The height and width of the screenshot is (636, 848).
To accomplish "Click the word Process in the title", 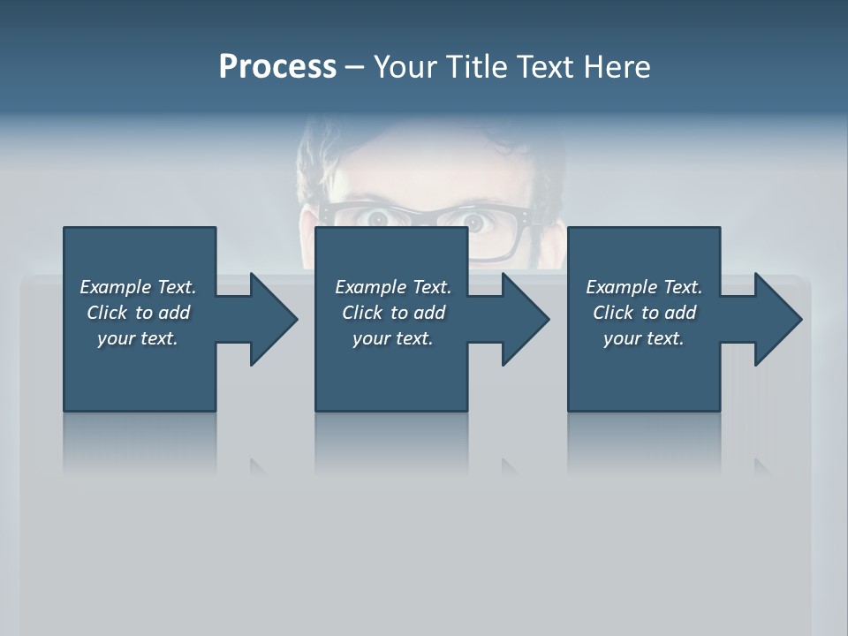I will point(277,67).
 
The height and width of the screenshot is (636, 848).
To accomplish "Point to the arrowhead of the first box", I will point(274,319).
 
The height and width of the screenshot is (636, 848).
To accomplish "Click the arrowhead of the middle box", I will point(526,319).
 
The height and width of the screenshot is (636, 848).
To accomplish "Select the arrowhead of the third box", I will point(778,319).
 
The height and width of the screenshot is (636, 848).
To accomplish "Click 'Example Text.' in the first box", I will point(138,287).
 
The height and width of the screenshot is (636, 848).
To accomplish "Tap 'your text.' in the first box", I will point(138,338).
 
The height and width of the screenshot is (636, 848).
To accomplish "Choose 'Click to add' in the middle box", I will point(393,313).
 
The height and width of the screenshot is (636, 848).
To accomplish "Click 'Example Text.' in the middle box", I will point(393,287).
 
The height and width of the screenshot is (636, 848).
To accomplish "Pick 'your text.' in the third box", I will point(644,338).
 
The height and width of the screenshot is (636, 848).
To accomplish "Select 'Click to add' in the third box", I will point(644,313).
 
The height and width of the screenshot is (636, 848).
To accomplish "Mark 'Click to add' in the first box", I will point(138,313).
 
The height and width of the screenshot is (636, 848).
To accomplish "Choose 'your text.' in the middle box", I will point(393,338).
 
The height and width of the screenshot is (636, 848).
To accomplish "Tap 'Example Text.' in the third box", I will point(644,287).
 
